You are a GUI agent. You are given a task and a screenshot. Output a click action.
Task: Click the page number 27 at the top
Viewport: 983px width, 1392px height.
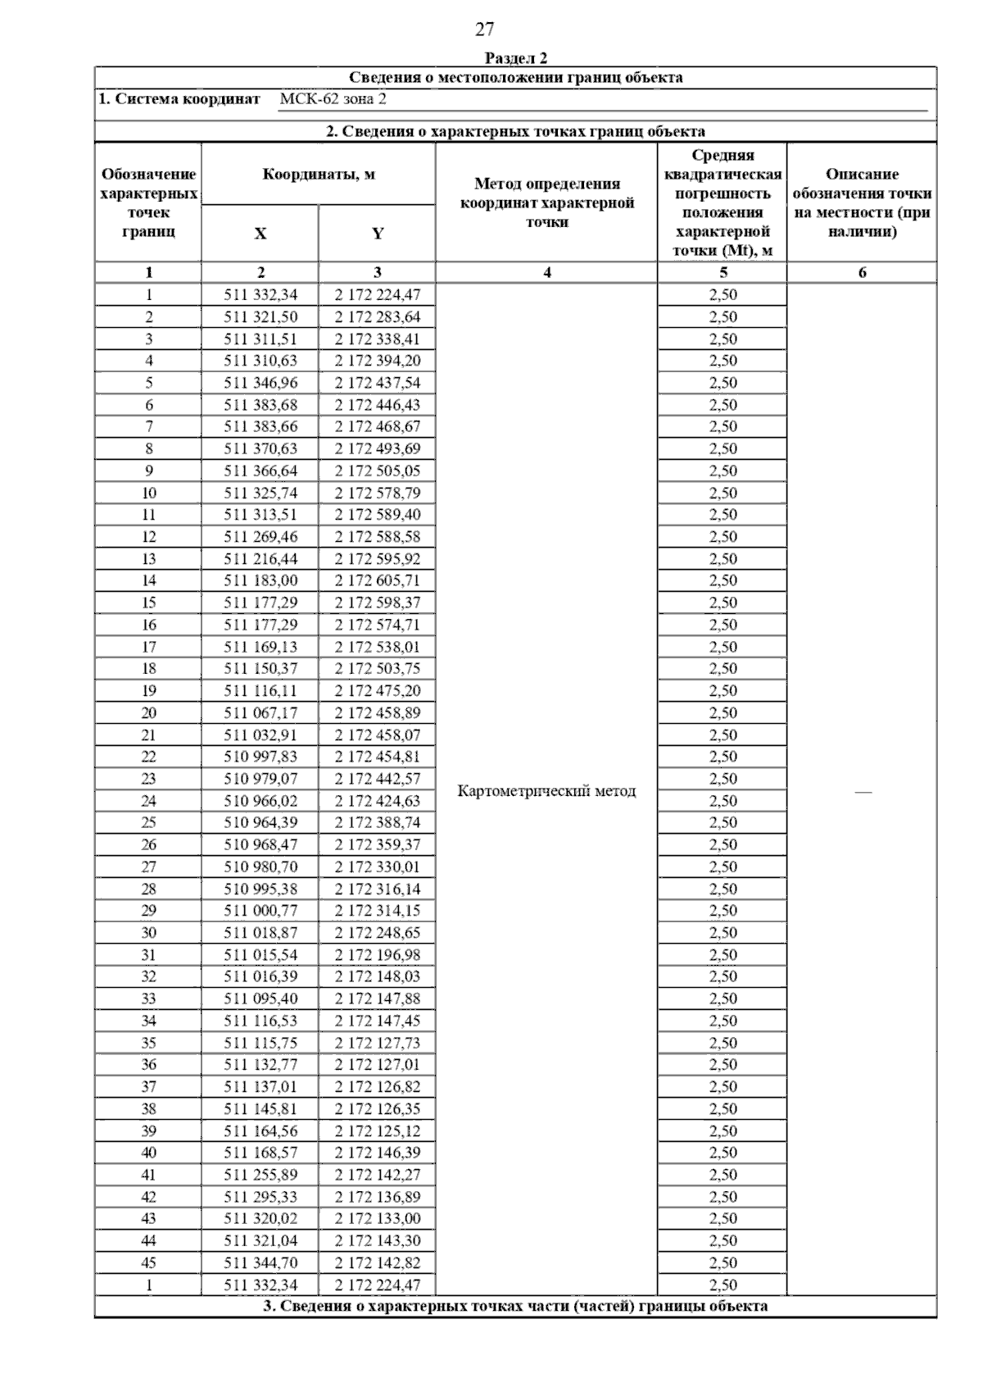pyautogui.click(x=484, y=30)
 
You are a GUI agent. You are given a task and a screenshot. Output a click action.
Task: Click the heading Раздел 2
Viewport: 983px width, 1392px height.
pyautogui.click(x=515, y=58)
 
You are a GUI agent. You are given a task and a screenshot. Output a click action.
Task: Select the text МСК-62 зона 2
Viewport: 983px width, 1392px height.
pyautogui.click(x=333, y=99)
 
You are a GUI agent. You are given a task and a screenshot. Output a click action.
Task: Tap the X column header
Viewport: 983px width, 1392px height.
pyautogui.click(x=260, y=234)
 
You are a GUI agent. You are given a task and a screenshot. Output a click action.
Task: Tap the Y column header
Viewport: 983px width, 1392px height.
pyautogui.click(x=377, y=234)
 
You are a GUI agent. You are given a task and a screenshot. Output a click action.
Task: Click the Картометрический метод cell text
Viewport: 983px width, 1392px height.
pyautogui.click(x=546, y=791)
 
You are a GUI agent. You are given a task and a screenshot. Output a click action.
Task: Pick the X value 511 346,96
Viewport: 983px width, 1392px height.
pyautogui.click(x=260, y=383)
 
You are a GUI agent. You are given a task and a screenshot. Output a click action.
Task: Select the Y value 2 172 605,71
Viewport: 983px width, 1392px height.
pyautogui.click(x=377, y=580)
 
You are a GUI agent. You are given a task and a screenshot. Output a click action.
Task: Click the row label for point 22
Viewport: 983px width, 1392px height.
pyautogui.click(x=148, y=757)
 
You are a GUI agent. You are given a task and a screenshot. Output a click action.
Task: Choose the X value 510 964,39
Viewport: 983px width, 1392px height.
pyautogui.click(x=260, y=822)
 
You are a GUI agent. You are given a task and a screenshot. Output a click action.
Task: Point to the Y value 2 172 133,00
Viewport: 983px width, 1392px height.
pyautogui.click(x=377, y=1218)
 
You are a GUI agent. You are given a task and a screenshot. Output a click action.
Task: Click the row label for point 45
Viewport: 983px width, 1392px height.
pyautogui.click(x=148, y=1262)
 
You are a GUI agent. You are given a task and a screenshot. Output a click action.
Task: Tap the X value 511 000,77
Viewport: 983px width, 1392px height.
pyautogui.click(x=260, y=910)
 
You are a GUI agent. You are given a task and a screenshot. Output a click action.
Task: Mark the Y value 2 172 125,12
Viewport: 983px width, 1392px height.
pyautogui.click(x=377, y=1130)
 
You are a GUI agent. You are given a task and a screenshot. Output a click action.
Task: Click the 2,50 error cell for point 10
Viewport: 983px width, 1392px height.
pyautogui.click(x=723, y=493)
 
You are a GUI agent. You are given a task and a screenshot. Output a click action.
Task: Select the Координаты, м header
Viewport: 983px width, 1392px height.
pyautogui.click(x=319, y=175)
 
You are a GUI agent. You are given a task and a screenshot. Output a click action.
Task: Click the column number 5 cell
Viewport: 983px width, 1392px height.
pyautogui.click(x=723, y=273)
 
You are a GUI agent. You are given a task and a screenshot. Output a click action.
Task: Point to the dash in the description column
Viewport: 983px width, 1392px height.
pyautogui.click(x=863, y=792)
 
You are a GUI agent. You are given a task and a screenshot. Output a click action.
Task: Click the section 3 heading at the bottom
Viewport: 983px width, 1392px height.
pyautogui.click(x=515, y=1306)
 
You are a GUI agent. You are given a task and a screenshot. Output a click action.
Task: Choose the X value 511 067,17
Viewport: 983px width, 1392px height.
pyautogui.click(x=260, y=712)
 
